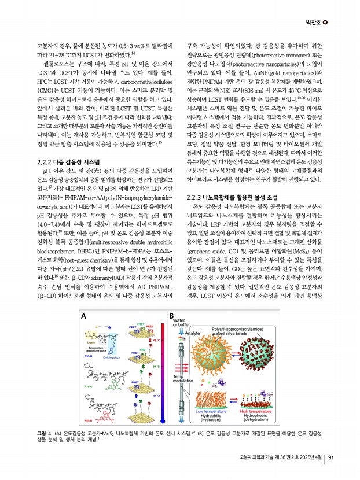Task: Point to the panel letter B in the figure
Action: point(171,316)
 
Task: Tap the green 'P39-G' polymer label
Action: point(90,385)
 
